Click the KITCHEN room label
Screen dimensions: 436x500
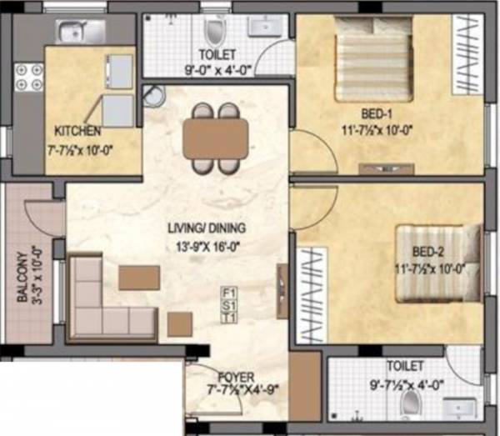[78, 130]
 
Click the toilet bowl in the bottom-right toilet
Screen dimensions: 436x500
[410, 403]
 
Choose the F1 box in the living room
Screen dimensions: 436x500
[229, 292]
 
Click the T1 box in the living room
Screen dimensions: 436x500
[229, 317]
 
